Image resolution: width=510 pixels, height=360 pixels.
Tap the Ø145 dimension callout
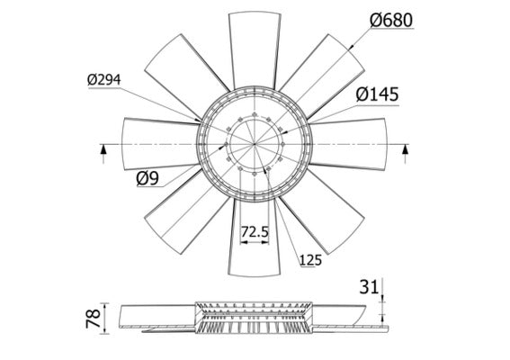pyautogui.click(x=377, y=94)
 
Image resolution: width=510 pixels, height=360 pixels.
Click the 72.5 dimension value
pyautogui.click(x=255, y=232)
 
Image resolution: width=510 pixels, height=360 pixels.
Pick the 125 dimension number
pyautogui.click(x=309, y=261)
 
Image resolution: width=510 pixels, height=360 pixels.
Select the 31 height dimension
pyautogui.click(x=369, y=288)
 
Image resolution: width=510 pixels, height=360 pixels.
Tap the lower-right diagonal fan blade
pyautogui.click(x=320, y=212)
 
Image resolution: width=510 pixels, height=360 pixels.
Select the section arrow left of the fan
pyautogui.click(x=104, y=149)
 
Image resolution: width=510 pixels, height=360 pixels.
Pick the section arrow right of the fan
pyautogui.click(x=404, y=149)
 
